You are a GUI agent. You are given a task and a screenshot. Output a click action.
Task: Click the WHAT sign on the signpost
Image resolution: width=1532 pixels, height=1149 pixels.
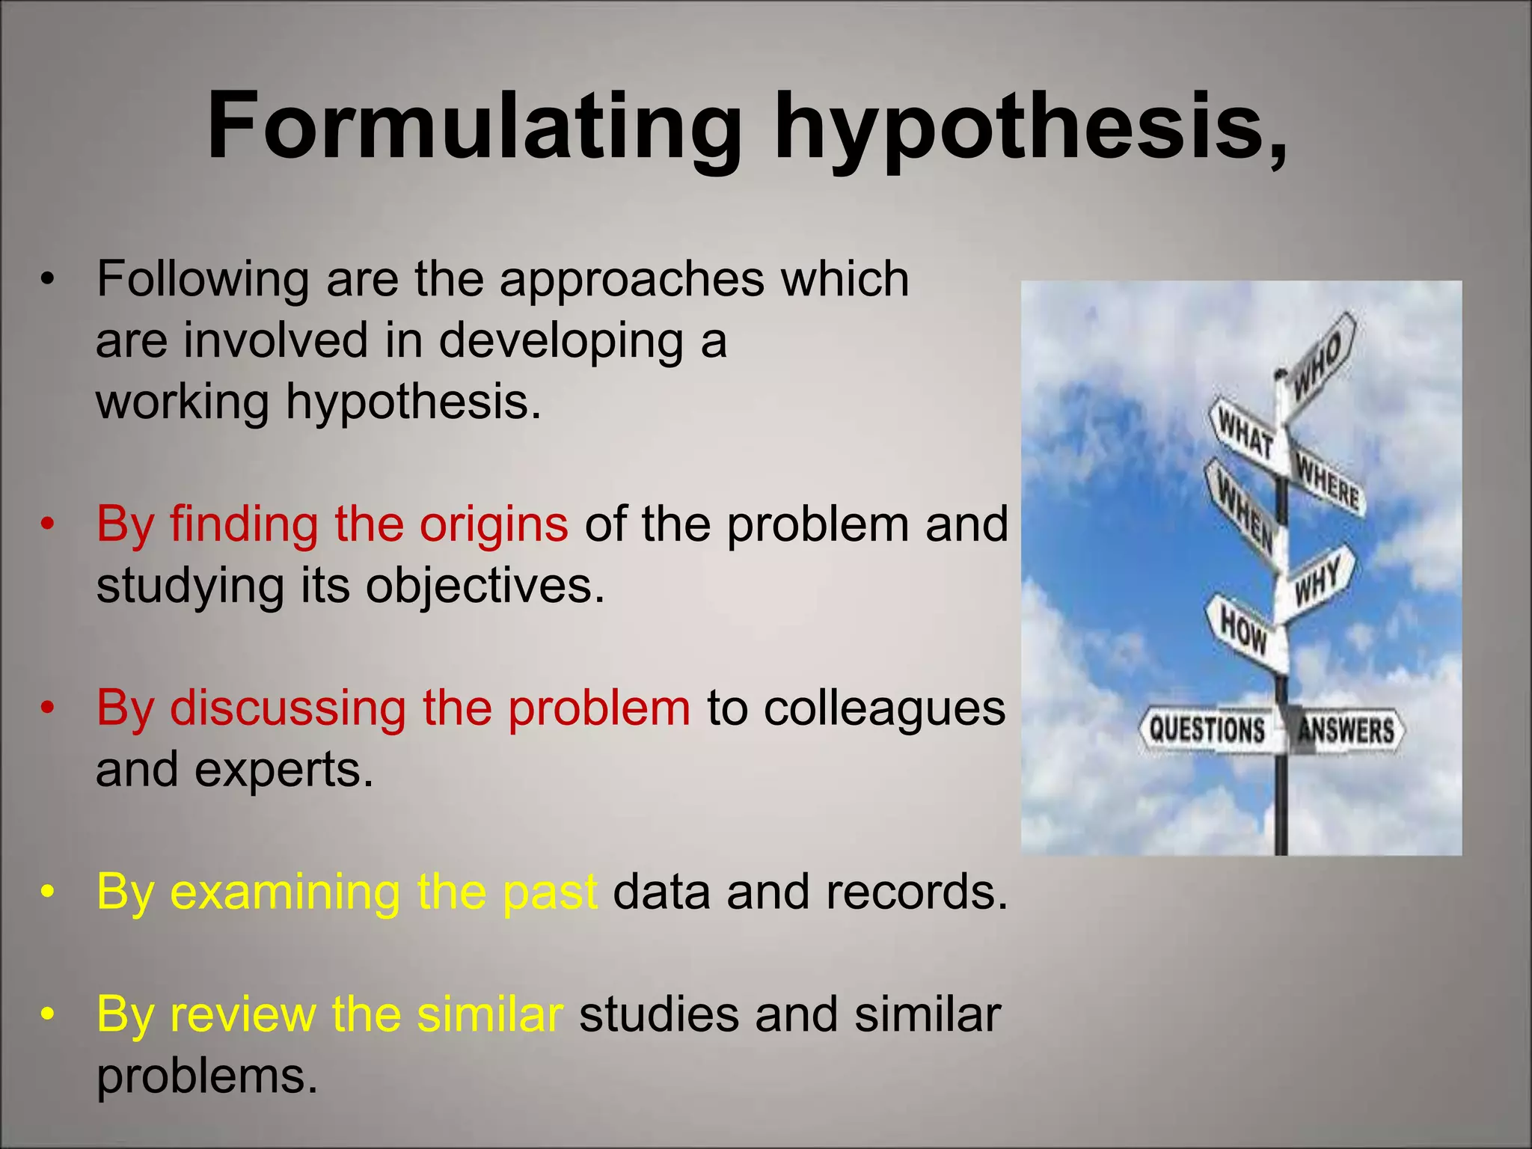(x=1245, y=434)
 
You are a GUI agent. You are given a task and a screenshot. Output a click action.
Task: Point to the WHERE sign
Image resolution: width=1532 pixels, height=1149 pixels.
(x=1328, y=482)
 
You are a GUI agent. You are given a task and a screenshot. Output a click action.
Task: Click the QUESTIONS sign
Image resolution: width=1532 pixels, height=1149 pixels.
(x=1207, y=729)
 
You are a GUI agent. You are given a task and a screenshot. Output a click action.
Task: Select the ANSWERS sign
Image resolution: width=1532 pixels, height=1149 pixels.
(x=1346, y=730)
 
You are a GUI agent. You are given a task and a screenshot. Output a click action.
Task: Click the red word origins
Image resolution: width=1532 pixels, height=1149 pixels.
(x=493, y=524)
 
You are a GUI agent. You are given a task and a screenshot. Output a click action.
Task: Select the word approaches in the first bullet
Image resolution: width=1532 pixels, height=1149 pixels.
(x=632, y=278)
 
